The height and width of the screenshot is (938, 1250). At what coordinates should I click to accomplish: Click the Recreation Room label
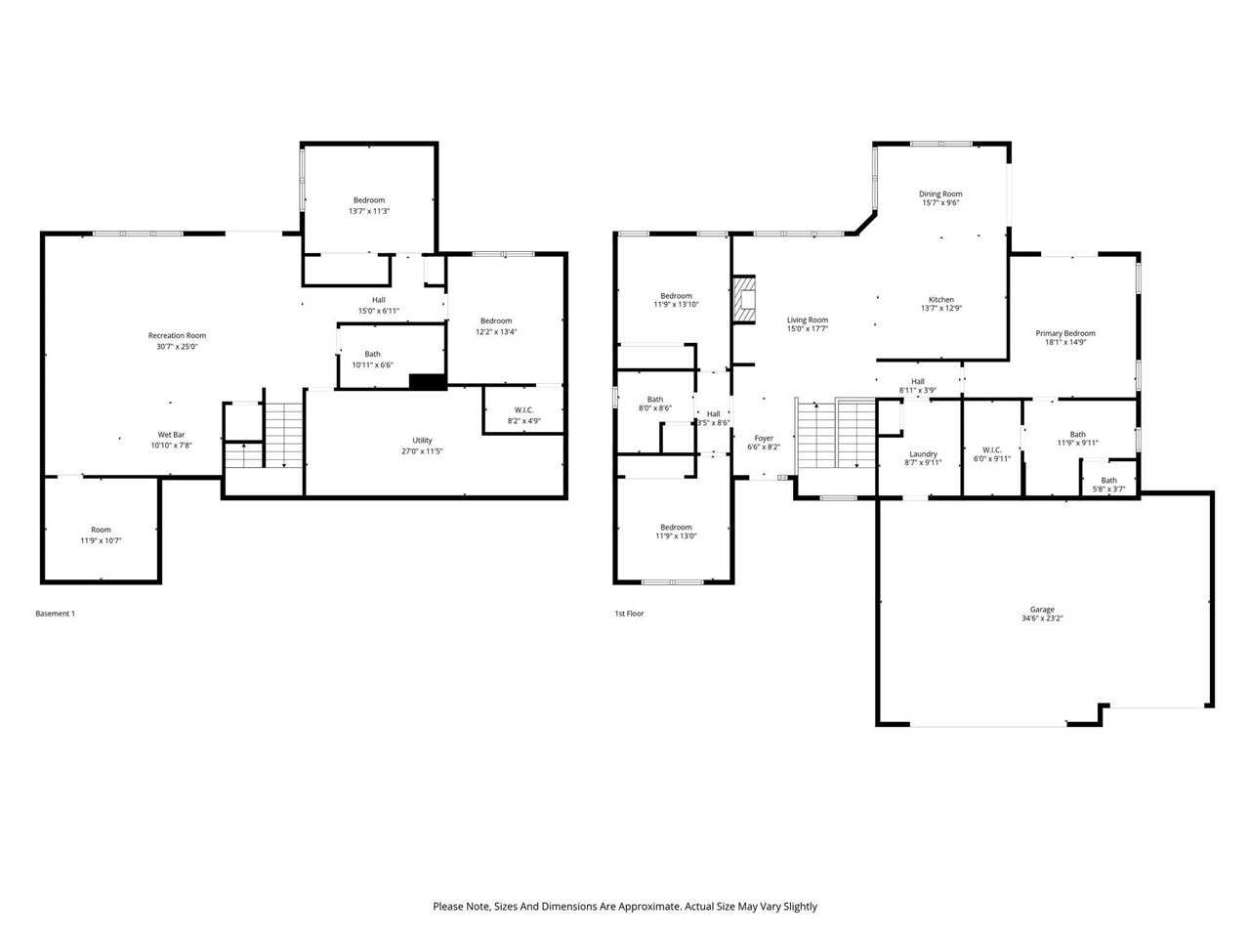click(177, 335)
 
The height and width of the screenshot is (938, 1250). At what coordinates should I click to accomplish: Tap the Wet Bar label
click(171, 435)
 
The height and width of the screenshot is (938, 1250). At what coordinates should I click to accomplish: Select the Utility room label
click(422, 441)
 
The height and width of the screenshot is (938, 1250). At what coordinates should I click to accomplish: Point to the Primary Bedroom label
click(1065, 333)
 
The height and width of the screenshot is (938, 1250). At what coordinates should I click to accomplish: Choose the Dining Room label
click(940, 194)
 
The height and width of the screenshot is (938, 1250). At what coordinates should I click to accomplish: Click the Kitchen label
click(941, 300)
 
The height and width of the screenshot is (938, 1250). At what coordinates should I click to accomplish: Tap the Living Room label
click(808, 320)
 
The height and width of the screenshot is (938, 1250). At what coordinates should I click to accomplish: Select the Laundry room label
click(923, 453)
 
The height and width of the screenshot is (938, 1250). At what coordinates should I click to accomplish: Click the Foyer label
click(764, 439)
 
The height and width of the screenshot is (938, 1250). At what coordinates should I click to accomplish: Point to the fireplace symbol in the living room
click(745, 299)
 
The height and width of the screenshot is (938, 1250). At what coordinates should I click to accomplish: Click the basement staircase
click(284, 434)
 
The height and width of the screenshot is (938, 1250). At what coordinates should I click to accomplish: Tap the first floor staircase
click(836, 435)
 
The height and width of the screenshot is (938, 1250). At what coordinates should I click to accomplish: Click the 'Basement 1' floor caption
click(55, 614)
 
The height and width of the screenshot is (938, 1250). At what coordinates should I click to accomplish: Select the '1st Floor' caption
click(629, 614)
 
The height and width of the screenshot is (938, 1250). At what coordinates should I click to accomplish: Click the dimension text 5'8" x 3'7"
click(1109, 490)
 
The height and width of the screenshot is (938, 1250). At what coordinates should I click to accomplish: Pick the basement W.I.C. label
click(524, 409)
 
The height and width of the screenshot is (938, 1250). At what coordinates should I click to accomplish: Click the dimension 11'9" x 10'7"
click(101, 540)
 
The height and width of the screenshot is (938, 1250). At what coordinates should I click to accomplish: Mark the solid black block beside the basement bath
click(428, 382)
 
